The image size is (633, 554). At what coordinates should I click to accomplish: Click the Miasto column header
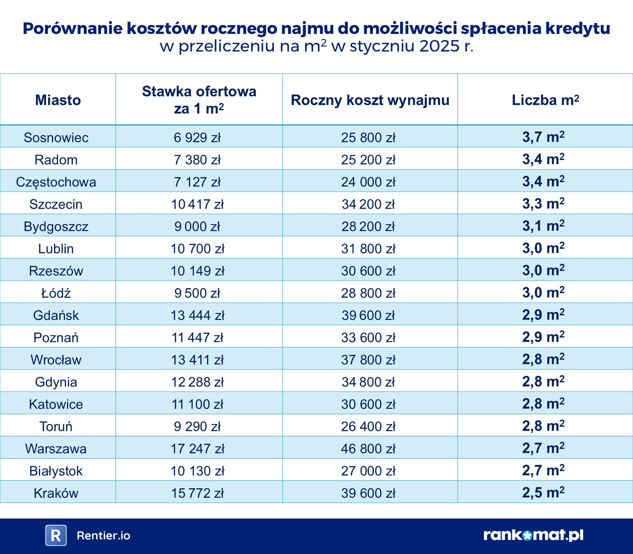click(x=58, y=100)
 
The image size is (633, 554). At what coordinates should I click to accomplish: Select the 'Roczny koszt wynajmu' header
click(x=370, y=100)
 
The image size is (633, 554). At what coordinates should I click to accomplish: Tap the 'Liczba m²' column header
click(x=545, y=100)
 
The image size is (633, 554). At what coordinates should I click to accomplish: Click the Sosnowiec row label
click(x=56, y=137)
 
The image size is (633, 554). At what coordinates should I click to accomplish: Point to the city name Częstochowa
click(x=56, y=182)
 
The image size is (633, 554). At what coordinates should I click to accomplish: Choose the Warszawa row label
click(x=56, y=449)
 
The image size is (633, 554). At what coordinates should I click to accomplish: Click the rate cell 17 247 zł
click(x=198, y=449)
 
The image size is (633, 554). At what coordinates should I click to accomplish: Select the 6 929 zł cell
click(x=197, y=137)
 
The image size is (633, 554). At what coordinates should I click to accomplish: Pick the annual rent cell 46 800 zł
click(x=368, y=449)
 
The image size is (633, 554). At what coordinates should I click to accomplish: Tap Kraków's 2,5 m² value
click(x=543, y=492)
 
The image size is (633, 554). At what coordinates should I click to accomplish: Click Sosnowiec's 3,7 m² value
click(x=543, y=137)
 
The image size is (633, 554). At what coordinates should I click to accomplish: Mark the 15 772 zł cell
click(x=198, y=493)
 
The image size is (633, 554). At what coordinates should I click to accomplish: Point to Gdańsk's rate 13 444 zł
click(x=198, y=315)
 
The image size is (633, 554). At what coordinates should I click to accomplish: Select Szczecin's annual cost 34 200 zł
click(x=368, y=204)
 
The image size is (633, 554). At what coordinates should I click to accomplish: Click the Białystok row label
click(x=56, y=471)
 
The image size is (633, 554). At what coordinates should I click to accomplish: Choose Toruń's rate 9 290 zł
click(x=197, y=427)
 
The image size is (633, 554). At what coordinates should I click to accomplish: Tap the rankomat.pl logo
click(x=533, y=535)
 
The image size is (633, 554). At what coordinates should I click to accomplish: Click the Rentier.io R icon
click(x=56, y=535)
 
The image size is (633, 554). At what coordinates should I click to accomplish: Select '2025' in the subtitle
click(x=439, y=46)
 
